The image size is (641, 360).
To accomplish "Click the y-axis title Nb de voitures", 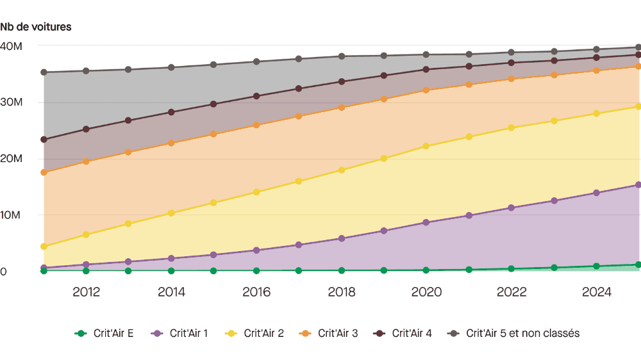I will click(x=36, y=27).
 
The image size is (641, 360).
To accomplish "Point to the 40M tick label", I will click(x=12, y=46).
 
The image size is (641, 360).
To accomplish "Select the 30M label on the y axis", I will click(x=12, y=102).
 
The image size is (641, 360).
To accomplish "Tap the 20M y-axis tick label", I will click(x=12, y=159).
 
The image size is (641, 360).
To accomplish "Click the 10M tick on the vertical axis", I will click(x=12, y=215).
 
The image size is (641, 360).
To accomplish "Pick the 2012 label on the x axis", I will click(x=86, y=292).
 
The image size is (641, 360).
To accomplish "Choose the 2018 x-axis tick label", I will click(x=341, y=292).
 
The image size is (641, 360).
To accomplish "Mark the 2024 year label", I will click(x=596, y=292).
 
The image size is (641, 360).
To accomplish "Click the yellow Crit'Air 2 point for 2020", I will click(x=426, y=146).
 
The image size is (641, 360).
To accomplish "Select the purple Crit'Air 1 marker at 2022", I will click(x=511, y=208).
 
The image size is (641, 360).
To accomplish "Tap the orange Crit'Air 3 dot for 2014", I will click(x=171, y=143).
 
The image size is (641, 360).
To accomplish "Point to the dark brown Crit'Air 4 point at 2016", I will click(x=256, y=96).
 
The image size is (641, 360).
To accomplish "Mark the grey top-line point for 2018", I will click(x=341, y=56).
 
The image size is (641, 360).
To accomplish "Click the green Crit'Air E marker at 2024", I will click(x=596, y=266).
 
